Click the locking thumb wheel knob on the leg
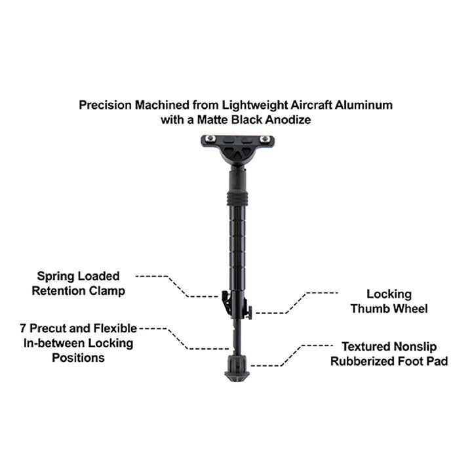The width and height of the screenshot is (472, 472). (250, 311)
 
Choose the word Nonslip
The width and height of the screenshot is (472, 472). (421, 346)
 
